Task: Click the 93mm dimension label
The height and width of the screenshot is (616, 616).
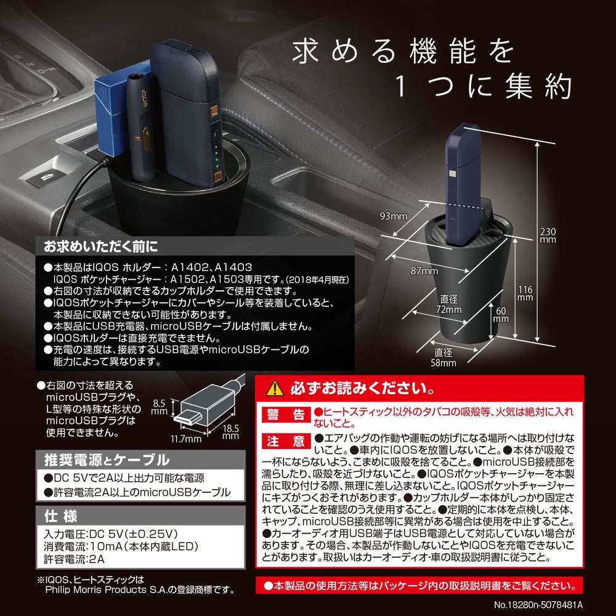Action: tap(393, 216)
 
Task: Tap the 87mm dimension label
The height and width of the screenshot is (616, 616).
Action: tap(424, 270)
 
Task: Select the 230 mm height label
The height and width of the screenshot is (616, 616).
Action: tap(548, 235)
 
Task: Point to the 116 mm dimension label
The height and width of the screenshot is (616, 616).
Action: tap(525, 293)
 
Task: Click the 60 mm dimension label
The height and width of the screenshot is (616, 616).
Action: tap(501, 314)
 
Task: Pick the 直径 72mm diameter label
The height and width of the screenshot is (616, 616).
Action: tap(448, 304)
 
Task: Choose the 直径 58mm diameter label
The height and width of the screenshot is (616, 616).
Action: tap(444, 357)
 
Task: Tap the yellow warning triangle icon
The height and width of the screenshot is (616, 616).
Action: tap(275, 389)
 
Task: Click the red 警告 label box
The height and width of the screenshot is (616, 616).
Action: tap(286, 415)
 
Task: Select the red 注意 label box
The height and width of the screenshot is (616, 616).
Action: tap(286, 441)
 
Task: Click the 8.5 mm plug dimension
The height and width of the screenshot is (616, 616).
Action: tap(159, 407)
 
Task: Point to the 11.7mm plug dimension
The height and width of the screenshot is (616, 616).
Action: tap(186, 439)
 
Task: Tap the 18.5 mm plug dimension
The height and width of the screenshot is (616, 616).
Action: tap(230, 432)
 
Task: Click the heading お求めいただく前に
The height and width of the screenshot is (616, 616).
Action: tap(101, 247)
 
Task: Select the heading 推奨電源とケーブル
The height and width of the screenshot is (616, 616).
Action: tap(107, 460)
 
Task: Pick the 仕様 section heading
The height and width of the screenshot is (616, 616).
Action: tap(61, 516)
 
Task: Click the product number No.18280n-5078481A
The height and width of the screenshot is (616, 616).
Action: tap(538, 605)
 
